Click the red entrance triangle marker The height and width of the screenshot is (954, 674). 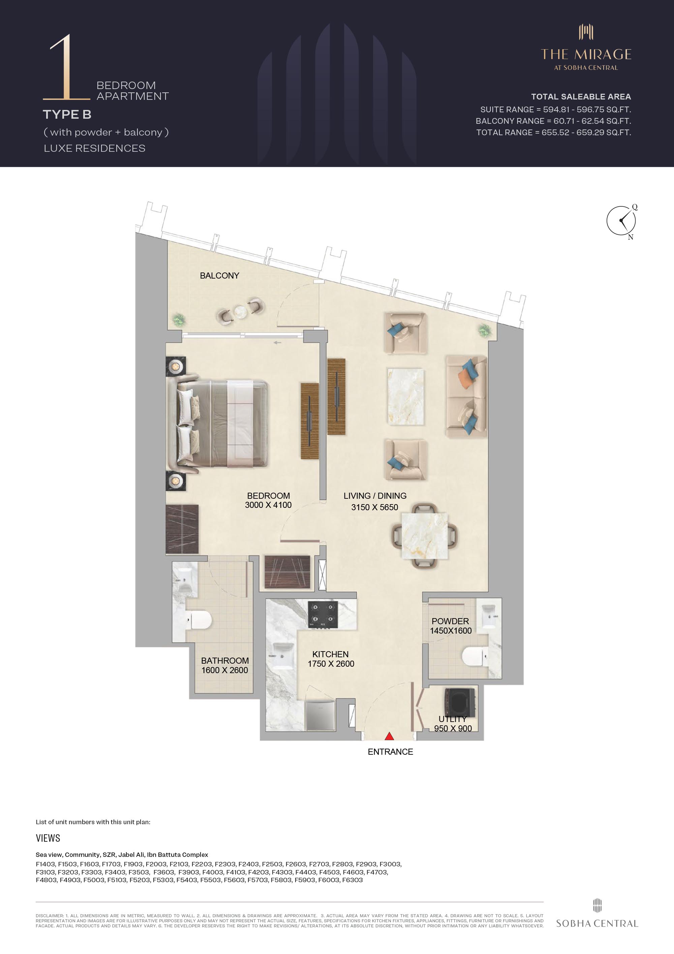point(389,736)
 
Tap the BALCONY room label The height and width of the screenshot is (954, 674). point(219,276)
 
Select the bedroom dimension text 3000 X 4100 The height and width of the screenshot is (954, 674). point(268,505)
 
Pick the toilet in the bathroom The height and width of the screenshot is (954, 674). point(198,620)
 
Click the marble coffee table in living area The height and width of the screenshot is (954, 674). point(405,396)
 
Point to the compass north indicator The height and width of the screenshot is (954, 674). point(631,237)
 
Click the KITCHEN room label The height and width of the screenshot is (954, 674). point(330,654)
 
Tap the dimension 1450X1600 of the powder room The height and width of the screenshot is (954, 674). point(451,630)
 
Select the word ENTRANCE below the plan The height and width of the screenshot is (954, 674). point(390,752)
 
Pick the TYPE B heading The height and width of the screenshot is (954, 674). point(67,114)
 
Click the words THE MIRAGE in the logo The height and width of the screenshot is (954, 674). point(586,54)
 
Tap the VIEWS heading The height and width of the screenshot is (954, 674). point(48,838)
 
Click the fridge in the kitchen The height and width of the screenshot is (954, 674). point(320,716)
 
